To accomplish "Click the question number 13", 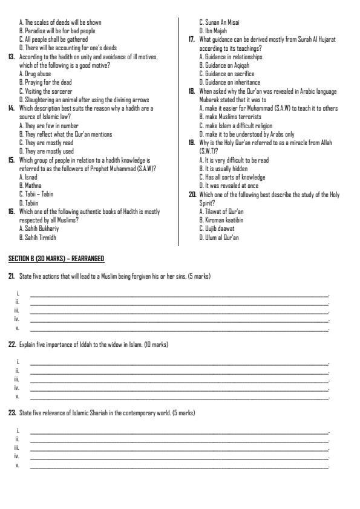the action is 11,56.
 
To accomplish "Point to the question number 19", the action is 191,143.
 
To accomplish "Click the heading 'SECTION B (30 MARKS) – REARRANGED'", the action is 56,259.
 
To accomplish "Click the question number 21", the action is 11,276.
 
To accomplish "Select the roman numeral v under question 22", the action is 18,397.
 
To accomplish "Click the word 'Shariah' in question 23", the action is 92,413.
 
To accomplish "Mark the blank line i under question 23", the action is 178,431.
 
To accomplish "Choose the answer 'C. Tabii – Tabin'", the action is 36,195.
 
